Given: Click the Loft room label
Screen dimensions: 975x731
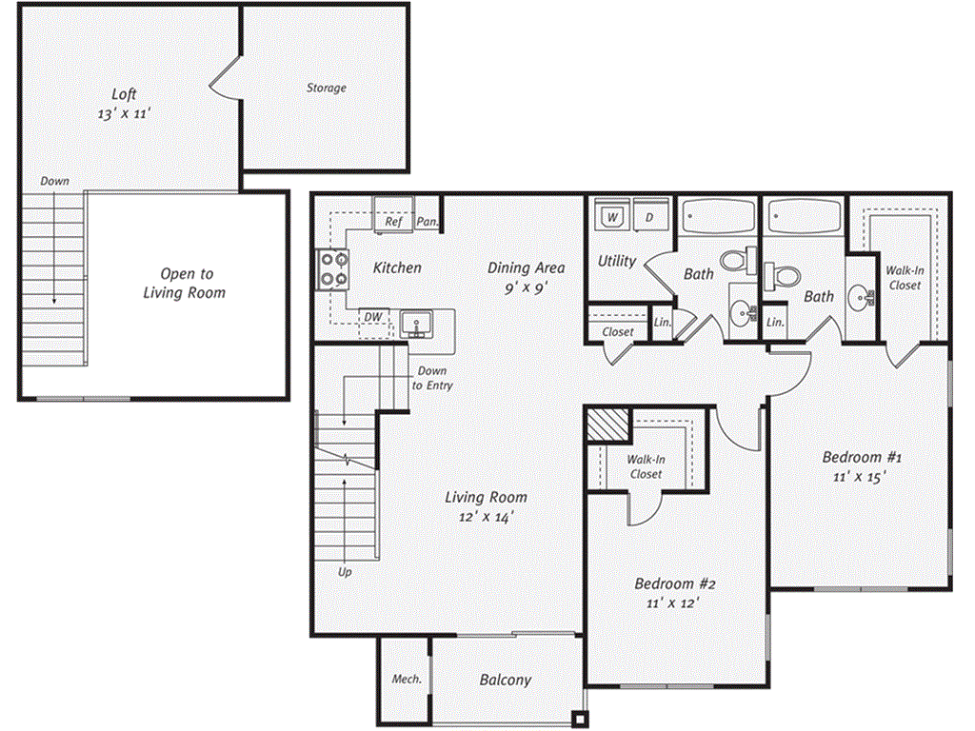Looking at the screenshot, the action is pyautogui.click(x=124, y=94).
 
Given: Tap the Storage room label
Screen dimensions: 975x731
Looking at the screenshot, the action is pyautogui.click(x=327, y=89).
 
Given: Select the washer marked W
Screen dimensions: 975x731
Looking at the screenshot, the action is pyautogui.click(x=612, y=216).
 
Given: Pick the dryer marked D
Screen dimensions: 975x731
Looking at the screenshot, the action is pyautogui.click(x=649, y=216).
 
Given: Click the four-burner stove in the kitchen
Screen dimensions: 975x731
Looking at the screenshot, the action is pyautogui.click(x=332, y=269).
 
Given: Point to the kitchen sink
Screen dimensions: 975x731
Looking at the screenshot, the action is pyautogui.click(x=416, y=325).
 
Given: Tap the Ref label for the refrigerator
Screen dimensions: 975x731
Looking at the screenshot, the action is pyautogui.click(x=393, y=221).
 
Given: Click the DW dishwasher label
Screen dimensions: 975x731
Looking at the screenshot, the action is pyautogui.click(x=373, y=317).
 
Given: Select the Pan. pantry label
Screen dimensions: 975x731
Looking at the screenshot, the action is pyautogui.click(x=428, y=221).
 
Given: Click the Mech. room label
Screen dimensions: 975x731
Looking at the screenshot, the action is pyautogui.click(x=407, y=680).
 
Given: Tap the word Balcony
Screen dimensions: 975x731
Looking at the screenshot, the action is pyautogui.click(x=506, y=680).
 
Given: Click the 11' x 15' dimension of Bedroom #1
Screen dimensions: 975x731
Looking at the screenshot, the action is pyautogui.click(x=860, y=477).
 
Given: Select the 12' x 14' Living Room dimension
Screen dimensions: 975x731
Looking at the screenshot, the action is pyautogui.click(x=487, y=517).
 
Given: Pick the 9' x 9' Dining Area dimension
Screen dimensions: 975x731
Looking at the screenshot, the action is pyautogui.click(x=526, y=287).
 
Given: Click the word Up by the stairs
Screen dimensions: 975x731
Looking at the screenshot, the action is pyautogui.click(x=345, y=572).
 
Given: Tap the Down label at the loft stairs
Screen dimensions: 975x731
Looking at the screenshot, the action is pyautogui.click(x=54, y=181).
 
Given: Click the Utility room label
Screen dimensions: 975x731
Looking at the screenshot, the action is pyautogui.click(x=617, y=261).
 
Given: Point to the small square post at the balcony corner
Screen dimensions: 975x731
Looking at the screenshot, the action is pyautogui.click(x=580, y=720).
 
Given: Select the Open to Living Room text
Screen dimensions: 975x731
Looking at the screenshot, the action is pyautogui.click(x=185, y=284).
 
